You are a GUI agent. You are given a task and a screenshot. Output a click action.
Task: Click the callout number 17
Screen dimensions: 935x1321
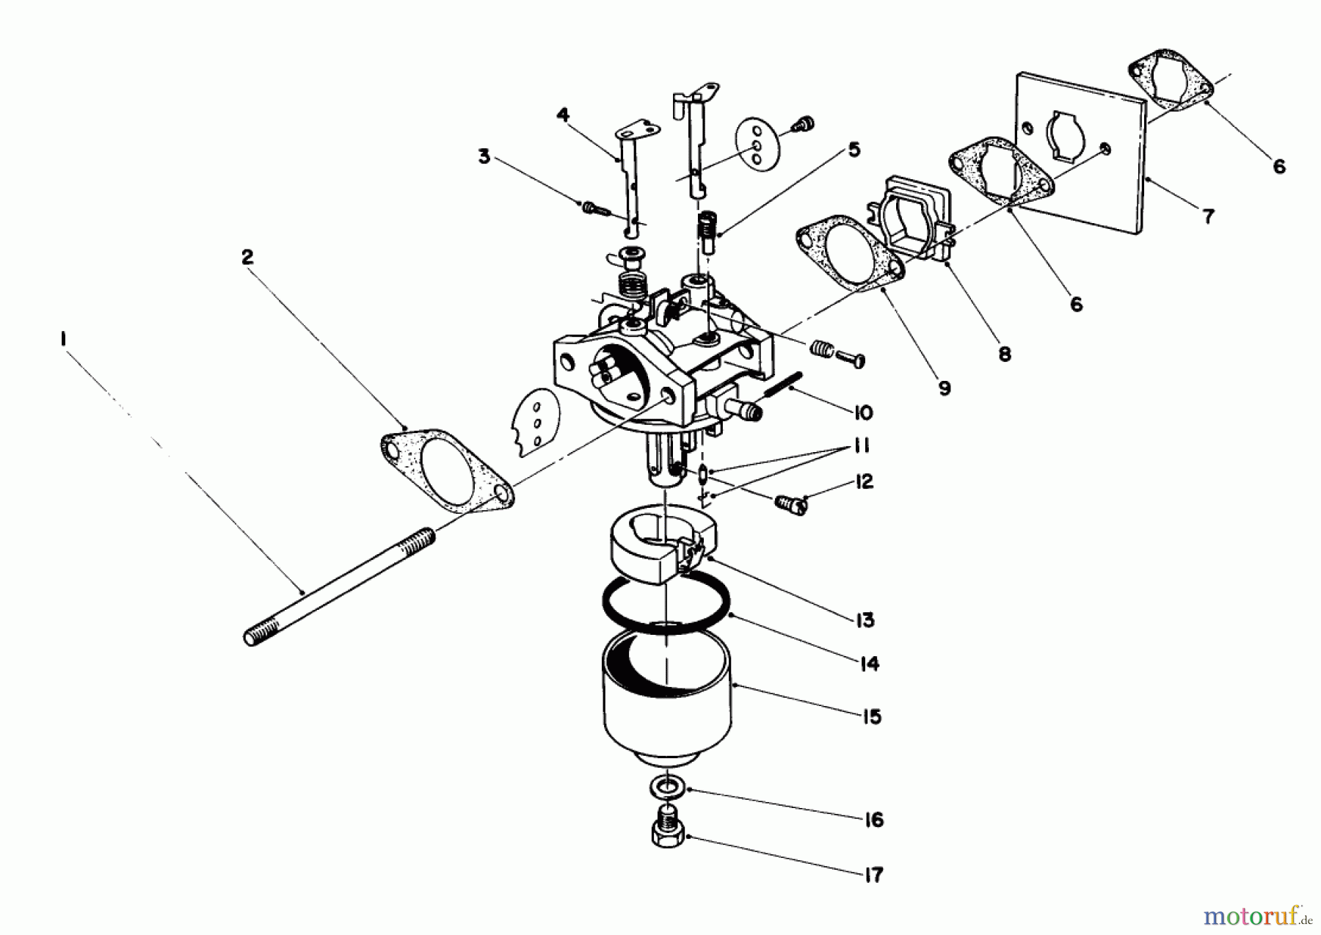click(x=873, y=875)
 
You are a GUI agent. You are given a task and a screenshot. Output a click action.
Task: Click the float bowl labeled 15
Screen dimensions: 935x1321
click(x=666, y=697)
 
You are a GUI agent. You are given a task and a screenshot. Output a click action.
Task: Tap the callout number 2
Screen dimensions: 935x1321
click(x=247, y=258)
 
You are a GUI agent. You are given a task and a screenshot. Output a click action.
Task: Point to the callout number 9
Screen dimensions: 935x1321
click(x=945, y=388)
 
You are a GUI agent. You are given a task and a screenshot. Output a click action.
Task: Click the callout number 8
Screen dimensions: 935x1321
click(x=1004, y=354)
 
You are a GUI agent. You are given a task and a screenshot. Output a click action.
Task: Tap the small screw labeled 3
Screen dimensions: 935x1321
click(x=595, y=209)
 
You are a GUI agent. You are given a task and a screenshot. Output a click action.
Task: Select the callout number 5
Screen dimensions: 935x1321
click(x=854, y=150)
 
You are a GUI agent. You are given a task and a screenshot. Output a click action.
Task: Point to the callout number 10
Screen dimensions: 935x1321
click(x=863, y=412)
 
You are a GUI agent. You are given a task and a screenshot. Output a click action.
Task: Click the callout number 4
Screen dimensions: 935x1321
click(x=563, y=116)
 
